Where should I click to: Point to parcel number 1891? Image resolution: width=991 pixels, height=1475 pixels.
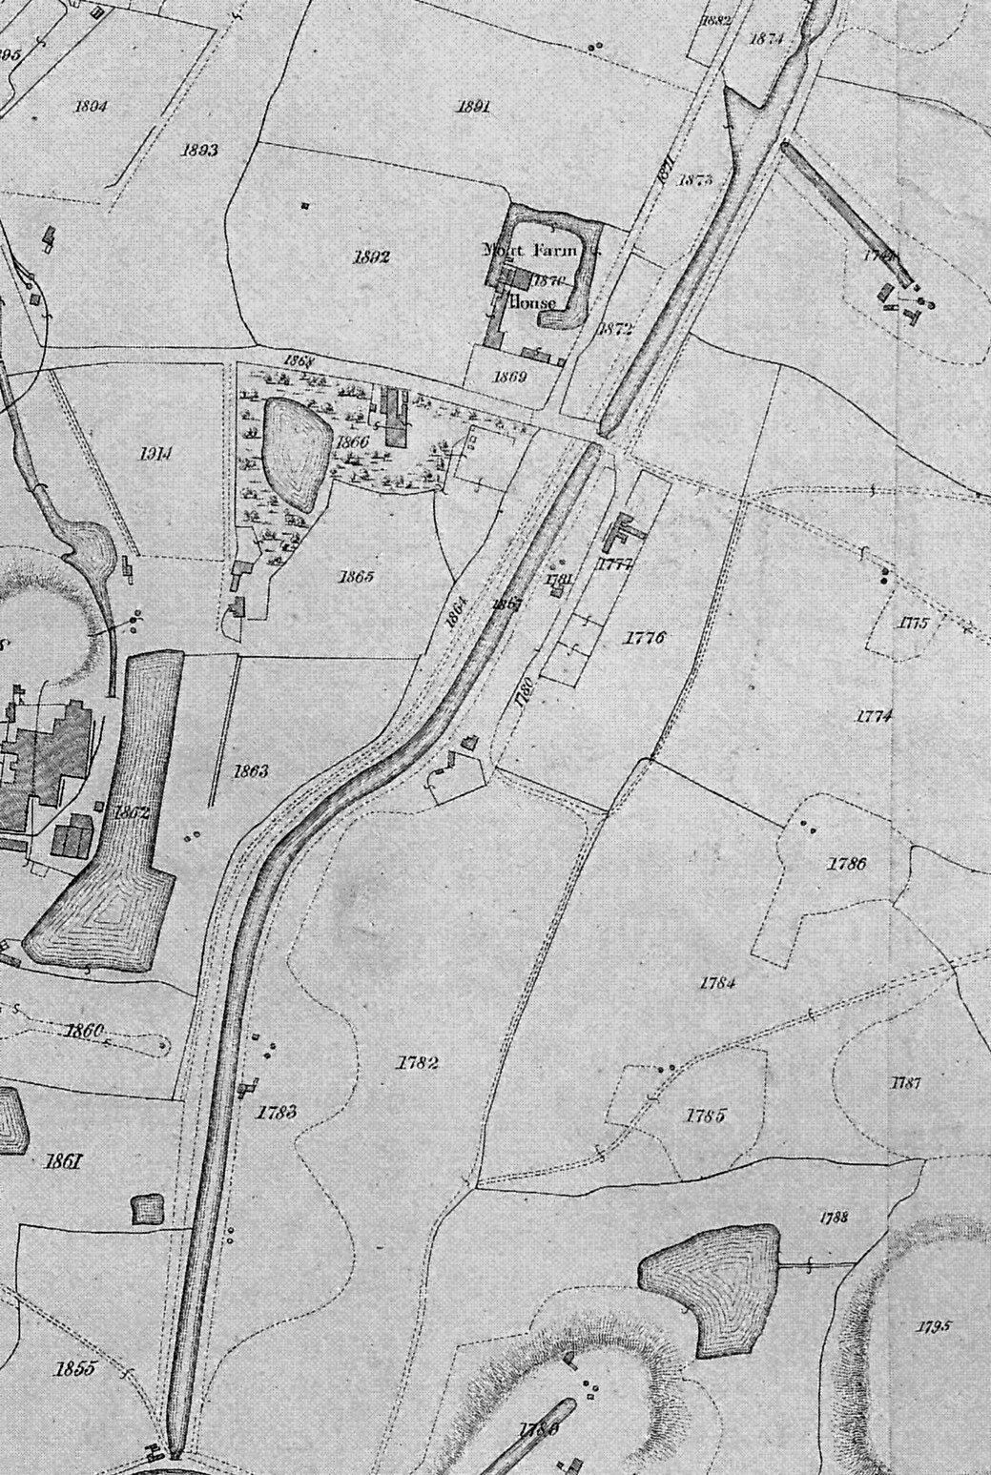pos(473,107)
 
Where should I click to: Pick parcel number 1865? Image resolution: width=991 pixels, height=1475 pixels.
pos(354,578)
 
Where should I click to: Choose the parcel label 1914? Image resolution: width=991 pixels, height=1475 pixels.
pos(155,454)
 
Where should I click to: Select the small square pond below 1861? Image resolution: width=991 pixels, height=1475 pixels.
pos(148,1210)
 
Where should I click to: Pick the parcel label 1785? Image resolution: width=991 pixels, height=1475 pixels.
pos(707,1115)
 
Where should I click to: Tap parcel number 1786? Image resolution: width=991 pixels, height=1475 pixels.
pos(847,865)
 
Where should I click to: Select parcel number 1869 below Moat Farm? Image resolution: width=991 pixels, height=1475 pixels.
pos(510,377)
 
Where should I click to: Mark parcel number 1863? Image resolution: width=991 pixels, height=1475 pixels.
pos(249,770)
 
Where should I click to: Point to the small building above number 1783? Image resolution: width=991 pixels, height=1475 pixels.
pos(250,1085)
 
